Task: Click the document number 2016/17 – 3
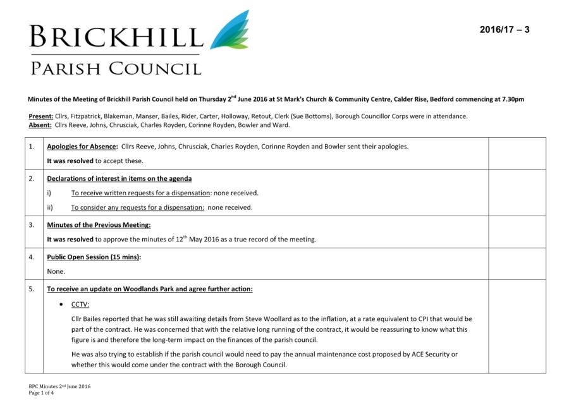pyautogui.click(x=504, y=30)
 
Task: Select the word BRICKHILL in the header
pyautogui.click(x=116, y=36)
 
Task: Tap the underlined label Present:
pyautogui.click(x=41, y=116)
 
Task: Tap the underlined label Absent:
pyautogui.click(x=40, y=125)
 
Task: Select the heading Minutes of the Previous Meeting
pyautogui.click(x=99, y=224)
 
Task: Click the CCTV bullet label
pyautogui.click(x=80, y=304)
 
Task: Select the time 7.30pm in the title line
pyautogui.click(x=513, y=99)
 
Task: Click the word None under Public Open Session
pyautogui.click(x=56, y=271)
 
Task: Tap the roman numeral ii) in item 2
pyautogui.click(x=50, y=207)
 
